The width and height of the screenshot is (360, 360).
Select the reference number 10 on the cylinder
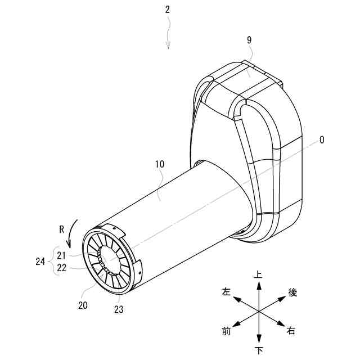[x=160, y=165]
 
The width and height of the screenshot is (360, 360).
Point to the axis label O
[x=321, y=140]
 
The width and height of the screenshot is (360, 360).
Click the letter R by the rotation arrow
[x=62, y=229]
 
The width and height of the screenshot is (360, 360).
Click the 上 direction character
[x=258, y=275]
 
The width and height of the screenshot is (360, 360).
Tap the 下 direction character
[x=258, y=350]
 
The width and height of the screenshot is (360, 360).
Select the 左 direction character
[x=226, y=292]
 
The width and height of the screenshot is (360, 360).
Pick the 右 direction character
[x=291, y=331]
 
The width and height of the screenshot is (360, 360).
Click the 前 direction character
[x=226, y=331]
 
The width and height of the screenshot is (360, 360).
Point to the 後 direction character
[x=292, y=292]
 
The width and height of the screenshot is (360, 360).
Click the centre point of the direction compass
[x=258, y=312]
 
